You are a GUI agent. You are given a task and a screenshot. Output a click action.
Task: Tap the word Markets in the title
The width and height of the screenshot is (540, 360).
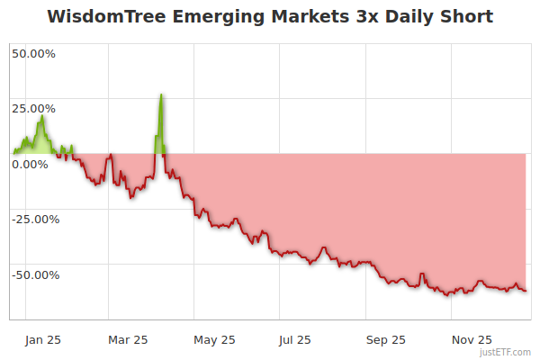[x=298, y=17]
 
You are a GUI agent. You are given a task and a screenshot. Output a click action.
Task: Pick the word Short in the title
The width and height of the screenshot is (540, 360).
[x=466, y=17]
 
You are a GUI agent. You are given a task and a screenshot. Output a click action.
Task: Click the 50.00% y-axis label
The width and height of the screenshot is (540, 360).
[x=33, y=53]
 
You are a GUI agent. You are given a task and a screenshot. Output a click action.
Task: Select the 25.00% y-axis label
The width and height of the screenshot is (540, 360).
[x=33, y=108]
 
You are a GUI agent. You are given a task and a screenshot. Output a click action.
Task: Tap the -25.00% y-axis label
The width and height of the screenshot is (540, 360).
[x=33, y=219]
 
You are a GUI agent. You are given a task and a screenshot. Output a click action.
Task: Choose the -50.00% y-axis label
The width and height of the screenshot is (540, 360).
[x=33, y=274]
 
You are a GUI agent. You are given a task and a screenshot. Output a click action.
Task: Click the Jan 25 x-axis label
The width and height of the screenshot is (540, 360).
[x=42, y=339]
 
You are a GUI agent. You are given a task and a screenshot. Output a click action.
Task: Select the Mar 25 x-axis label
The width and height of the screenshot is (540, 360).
[x=128, y=339]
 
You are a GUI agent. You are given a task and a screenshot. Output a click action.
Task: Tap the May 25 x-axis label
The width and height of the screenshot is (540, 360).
[x=214, y=339]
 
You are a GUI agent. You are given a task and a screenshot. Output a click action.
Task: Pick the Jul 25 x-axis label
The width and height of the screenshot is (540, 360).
[x=295, y=339]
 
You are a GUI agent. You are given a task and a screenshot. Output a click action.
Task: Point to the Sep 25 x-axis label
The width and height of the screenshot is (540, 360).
[x=386, y=339]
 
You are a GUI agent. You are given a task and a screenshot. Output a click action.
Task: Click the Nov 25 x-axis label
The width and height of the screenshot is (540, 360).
[x=472, y=339]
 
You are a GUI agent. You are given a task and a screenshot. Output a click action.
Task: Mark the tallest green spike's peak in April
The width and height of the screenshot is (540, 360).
[x=161, y=94]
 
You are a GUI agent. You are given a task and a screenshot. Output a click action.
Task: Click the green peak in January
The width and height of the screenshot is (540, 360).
[x=41, y=116]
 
